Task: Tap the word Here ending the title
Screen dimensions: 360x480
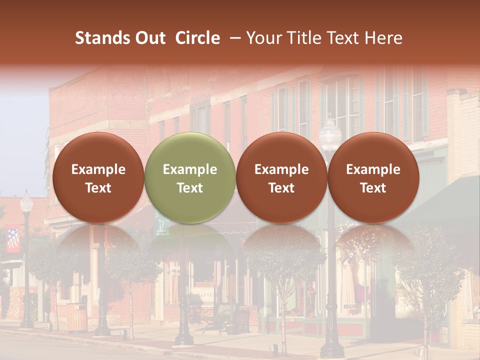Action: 383,38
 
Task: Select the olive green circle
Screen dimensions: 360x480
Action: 190,178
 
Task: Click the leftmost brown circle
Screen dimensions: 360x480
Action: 98,178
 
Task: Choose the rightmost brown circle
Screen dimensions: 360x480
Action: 373,178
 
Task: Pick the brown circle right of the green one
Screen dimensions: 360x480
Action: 281,178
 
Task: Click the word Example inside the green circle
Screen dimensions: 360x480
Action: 190,169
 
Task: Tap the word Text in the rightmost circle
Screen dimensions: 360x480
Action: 373,188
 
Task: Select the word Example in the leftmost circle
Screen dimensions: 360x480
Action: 98,169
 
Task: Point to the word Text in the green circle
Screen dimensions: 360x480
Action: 190,188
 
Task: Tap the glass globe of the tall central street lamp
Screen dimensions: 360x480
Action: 330,134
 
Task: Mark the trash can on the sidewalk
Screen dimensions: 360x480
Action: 76,317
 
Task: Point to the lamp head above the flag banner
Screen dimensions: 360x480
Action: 26,203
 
